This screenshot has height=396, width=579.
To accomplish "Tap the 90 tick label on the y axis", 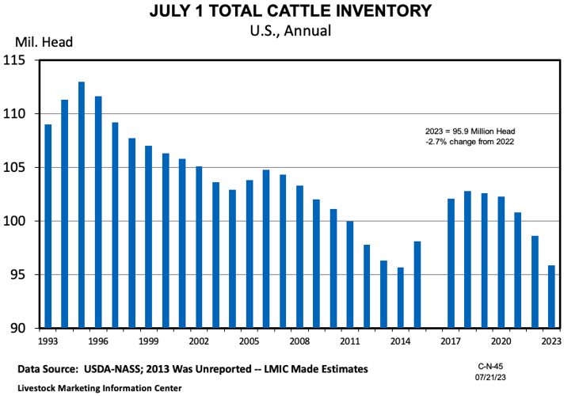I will (x=17, y=328).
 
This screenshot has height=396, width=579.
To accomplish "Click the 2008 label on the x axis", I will (x=299, y=341).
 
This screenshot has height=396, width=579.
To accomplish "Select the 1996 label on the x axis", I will (x=98, y=341).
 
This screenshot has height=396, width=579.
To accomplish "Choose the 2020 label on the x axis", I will (x=501, y=341).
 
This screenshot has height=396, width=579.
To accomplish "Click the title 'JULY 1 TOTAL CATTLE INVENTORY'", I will (x=289, y=11).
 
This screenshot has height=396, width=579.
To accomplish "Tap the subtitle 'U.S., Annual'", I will (x=289, y=31).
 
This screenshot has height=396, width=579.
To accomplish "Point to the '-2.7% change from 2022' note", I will (x=470, y=142).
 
